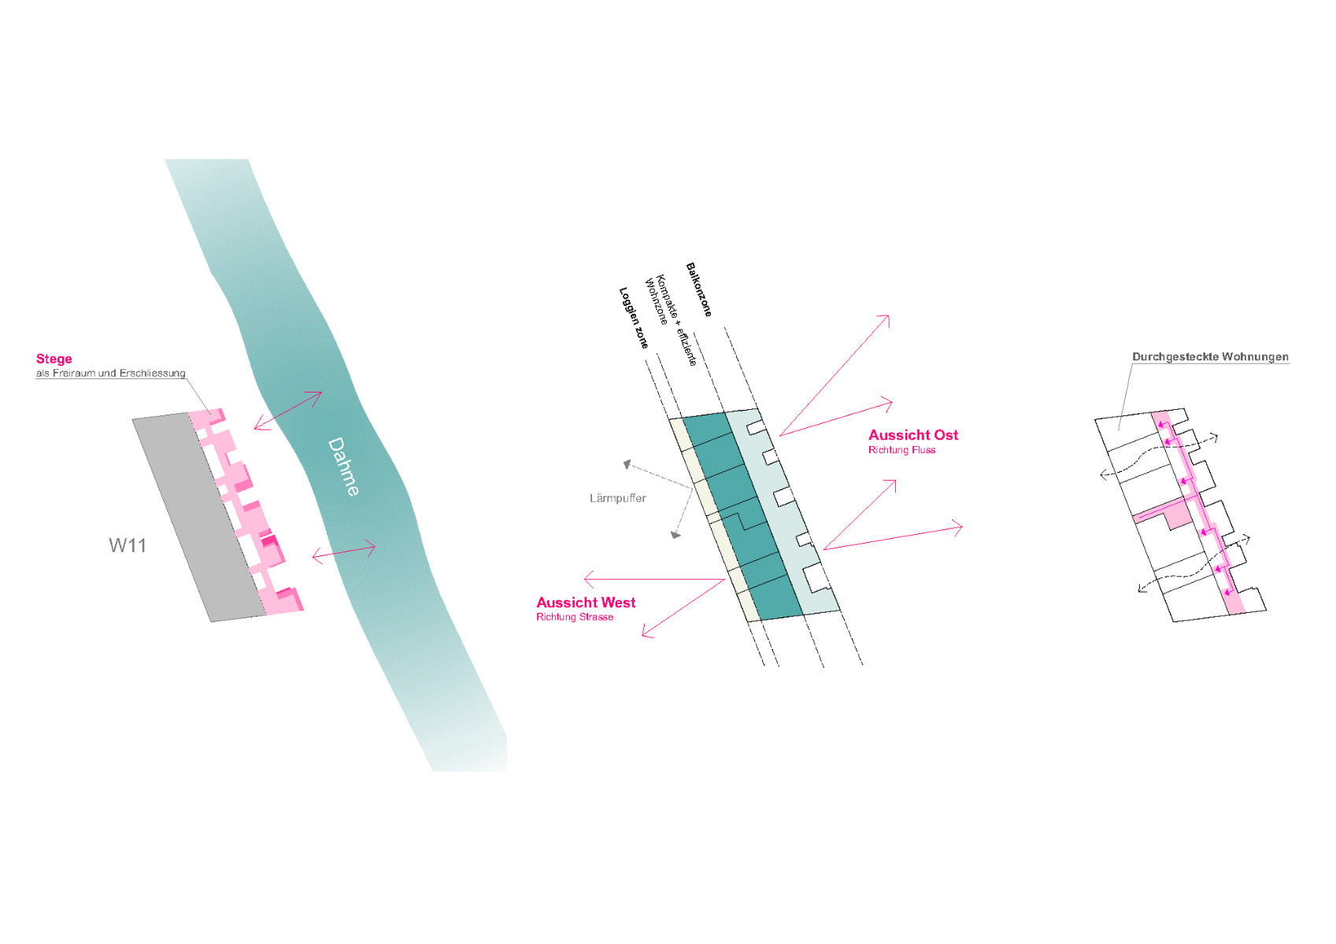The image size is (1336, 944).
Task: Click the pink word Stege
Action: (x=54, y=359)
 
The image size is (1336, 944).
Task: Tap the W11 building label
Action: (x=127, y=544)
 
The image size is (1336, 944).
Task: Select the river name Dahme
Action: (x=344, y=466)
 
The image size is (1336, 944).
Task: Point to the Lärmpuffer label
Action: (x=617, y=498)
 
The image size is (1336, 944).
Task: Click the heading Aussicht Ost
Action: (x=913, y=434)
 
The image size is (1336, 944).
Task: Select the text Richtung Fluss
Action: (x=901, y=450)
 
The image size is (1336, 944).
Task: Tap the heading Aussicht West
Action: (x=586, y=602)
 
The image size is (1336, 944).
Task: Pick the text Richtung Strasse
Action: (x=575, y=617)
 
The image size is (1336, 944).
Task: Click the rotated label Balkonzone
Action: (x=698, y=289)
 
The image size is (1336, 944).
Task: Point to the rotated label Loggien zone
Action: (x=634, y=319)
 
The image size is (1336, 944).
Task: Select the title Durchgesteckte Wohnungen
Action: (x=1210, y=356)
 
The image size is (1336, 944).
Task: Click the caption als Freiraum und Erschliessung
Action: (x=110, y=373)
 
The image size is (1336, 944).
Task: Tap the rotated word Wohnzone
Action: (x=656, y=301)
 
